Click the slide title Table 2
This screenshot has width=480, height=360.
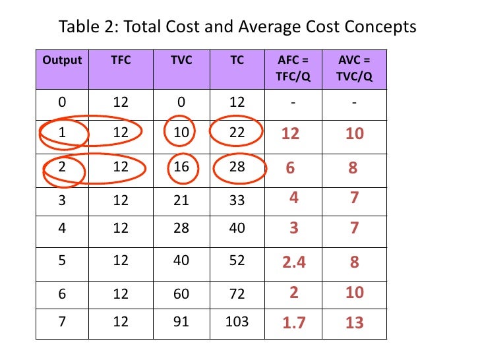coord(238,27)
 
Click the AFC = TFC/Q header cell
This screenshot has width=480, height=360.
coord(291,68)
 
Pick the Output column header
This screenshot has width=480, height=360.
coord(62,60)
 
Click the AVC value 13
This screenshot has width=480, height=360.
coord(354,322)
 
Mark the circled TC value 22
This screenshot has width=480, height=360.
coord(236,133)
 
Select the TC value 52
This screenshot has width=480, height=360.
coord(236,261)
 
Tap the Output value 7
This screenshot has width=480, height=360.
coord(62,322)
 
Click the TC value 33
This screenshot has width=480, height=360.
coord(236,200)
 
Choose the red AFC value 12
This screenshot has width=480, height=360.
coord(290,135)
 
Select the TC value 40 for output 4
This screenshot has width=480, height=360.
coord(236,229)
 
